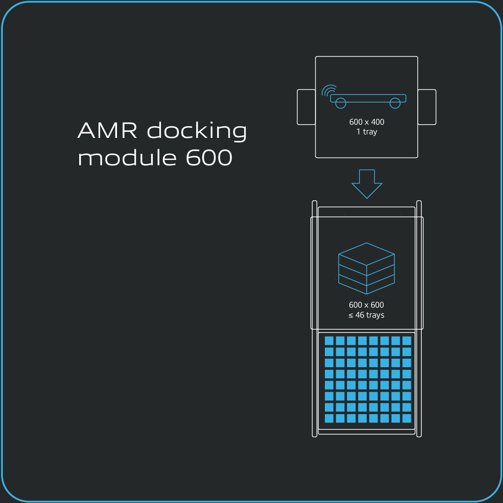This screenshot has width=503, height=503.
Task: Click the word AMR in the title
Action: coord(107,131)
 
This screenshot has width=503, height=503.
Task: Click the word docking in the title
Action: coord(197,131)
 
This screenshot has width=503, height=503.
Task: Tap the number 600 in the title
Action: coord(209,158)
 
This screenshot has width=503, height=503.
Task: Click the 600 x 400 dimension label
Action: coord(367,122)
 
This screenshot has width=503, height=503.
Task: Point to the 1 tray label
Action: coord(367,132)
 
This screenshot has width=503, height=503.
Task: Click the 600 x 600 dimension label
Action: coord(366,305)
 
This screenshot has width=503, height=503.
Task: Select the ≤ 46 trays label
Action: coord(366,315)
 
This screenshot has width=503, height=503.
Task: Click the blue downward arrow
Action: coord(367,183)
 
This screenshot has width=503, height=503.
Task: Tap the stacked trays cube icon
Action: coord(366,269)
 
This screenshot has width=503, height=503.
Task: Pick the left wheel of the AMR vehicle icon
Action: coord(341,103)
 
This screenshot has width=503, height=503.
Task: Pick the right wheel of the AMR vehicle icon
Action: coord(395,103)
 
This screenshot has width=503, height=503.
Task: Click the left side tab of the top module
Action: coord(306,107)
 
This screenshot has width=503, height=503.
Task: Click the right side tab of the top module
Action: coord(427,107)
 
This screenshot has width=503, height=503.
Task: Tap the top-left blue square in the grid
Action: coord(329,341)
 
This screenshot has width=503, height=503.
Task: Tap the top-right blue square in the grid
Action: coord(407,341)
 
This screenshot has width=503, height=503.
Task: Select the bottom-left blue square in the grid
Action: coord(329,418)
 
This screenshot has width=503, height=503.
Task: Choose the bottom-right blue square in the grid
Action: coord(407,418)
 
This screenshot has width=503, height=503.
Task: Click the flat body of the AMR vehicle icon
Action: coord(368,98)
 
